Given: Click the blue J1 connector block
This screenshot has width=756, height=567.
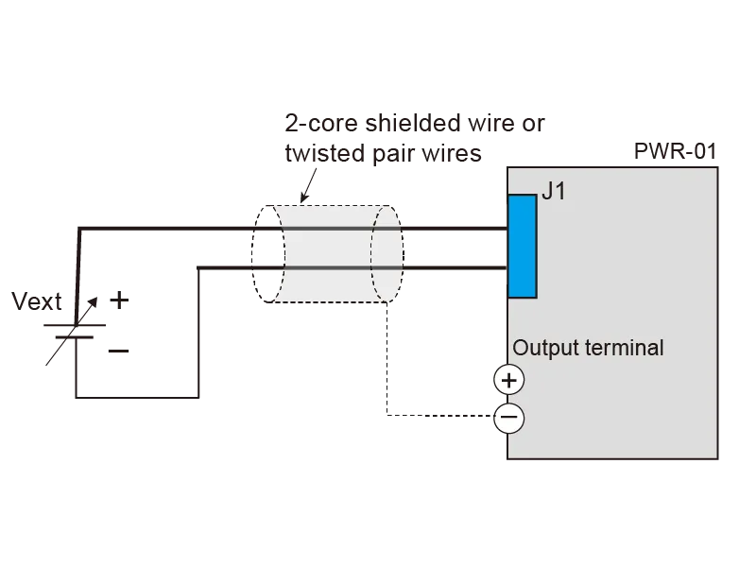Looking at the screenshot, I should [x=523, y=245].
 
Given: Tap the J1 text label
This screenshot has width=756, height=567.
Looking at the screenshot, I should [x=555, y=193].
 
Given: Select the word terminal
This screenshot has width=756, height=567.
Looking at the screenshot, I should [x=625, y=348].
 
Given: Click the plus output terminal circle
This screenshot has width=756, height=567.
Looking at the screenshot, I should [x=509, y=380].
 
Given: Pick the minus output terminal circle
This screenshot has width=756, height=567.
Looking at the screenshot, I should [x=509, y=418].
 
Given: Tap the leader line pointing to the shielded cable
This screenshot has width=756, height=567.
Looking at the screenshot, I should [x=304, y=185].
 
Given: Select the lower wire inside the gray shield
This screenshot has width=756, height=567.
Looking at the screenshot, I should [x=326, y=269].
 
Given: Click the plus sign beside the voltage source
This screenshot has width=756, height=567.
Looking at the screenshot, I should [x=116, y=301].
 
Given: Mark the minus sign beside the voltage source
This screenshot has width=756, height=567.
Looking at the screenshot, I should [x=120, y=352].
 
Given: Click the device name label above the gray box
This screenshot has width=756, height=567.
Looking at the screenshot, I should [x=677, y=149].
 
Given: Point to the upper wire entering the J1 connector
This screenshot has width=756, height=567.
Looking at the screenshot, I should [x=454, y=228].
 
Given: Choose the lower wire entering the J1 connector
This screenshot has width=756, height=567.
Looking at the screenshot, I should [x=454, y=269].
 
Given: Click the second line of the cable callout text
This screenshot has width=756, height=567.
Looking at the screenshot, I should [x=383, y=153].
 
